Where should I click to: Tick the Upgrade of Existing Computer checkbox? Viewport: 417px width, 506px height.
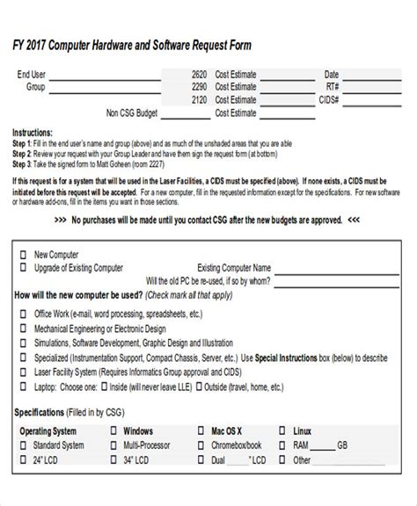[x=23, y=267]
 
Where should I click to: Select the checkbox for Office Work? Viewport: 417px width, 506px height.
[x=23, y=313]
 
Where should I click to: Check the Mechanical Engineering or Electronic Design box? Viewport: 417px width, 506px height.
[x=23, y=329]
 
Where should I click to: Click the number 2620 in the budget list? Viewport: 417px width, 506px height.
[x=199, y=75]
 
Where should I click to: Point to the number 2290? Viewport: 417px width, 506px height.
[x=199, y=87]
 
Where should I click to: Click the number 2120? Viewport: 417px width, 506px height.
[x=199, y=100]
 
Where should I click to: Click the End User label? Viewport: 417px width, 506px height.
[x=33, y=75]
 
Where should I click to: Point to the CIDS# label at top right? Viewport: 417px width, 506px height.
[x=328, y=100]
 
